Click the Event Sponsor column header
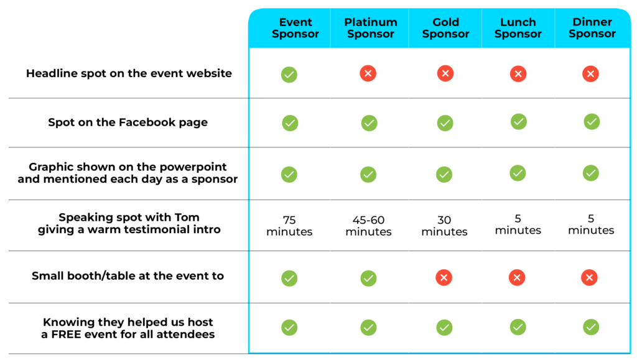pyautogui.click(x=295, y=28)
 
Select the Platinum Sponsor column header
pyautogui.click(x=371, y=28)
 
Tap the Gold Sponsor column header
pyautogui.click(x=445, y=28)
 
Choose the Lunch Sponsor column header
pyautogui.click(x=518, y=28)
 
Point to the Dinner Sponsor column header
pyautogui.click(x=592, y=27)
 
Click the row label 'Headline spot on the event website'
pyautogui.click(x=129, y=73)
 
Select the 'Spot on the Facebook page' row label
pyautogui.click(x=128, y=122)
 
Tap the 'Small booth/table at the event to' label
pyautogui.click(x=128, y=276)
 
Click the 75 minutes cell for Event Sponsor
pyautogui.click(x=289, y=226)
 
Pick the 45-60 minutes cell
pyautogui.click(x=368, y=226)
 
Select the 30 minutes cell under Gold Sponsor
pyautogui.click(x=444, y=226)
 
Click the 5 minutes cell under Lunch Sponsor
pyautogui.click(x=518, y=224)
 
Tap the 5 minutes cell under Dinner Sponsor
pyautogui.click(x=591, y=224)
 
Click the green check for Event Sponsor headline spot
pyautogui.click(x=289, y=75)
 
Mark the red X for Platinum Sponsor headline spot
pyautogui.click(x=368, y=73)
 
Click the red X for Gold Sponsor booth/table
pyautogui.click(x=444, y=277)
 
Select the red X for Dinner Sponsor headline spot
pyautogui.click(x=591, y=74)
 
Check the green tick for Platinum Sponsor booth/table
pyautogui.click(x=368, y=279)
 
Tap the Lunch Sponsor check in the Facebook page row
pyautogui.click(x=519, y=122)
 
